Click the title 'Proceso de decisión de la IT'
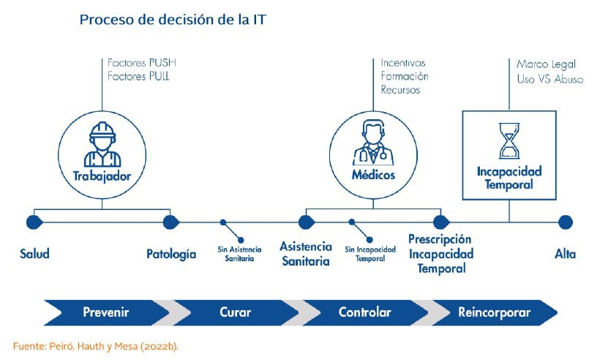(x=173, y=20)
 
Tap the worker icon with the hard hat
(x=102, y=144)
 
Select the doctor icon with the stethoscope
(x=373, y=142)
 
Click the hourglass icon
(x=509, y=140)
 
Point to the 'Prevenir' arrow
(x=107, y=312)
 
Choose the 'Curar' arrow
(x=236, y=312)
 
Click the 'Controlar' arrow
(x=365, y=312)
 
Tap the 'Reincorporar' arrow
(x=495, y=312)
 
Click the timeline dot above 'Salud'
(x=34, y=222)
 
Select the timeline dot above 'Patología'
(x=170, y=222)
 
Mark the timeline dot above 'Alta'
(x=566, y=222)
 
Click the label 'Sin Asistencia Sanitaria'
(x=239, y=254)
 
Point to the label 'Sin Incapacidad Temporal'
(x=370, y=254)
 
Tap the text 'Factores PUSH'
(x=141, y=63)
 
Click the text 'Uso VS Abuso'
(x=550, y=79)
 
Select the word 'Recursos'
(x=400, y=90)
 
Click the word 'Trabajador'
(x=102, y=176)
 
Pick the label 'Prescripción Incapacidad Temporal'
(x=441, y=254)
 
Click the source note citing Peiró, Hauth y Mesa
(x=96, y=346)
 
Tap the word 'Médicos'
(x=373, y=175)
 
